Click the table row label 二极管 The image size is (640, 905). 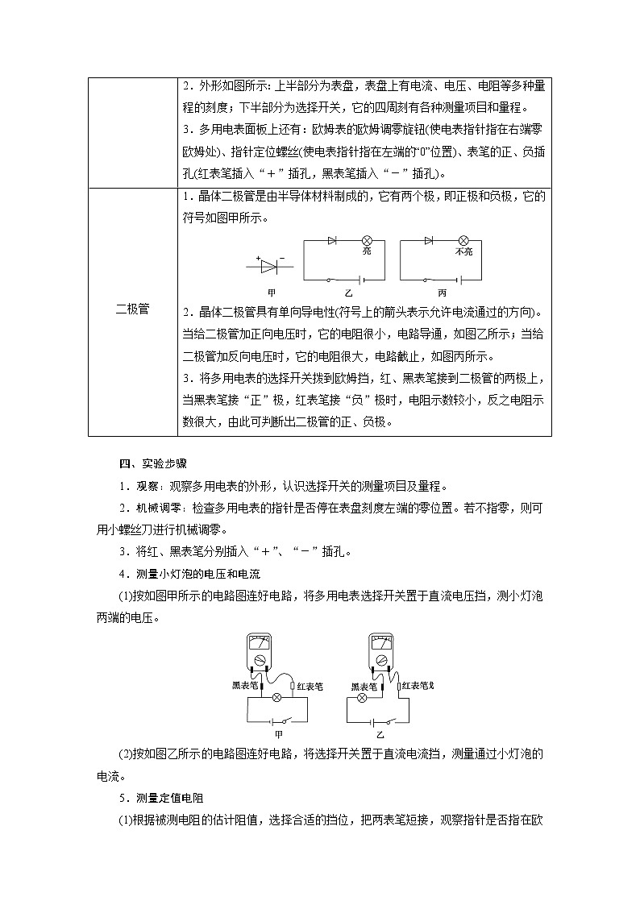[132, 309]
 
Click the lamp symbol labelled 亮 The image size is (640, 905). [367, 240]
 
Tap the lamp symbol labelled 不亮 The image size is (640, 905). [463, 240]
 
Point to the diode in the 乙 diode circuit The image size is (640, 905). [333, 240]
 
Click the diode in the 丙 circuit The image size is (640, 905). [429, 240]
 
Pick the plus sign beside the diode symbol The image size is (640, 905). [258, 258]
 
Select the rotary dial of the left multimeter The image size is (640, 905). [260, 660]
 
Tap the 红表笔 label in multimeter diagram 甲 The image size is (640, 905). [310, 687]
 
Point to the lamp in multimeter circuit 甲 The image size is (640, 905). [276, 696]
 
